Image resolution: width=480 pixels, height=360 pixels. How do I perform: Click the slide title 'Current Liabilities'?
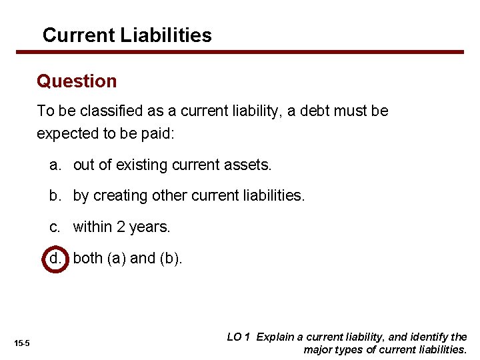tap(127, 35)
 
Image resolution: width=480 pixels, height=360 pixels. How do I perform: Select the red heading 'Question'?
tap(77, 81)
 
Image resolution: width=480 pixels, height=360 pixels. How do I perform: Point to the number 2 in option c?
tap(121, 227)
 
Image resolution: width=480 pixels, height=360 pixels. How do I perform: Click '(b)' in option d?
tap(171, 258)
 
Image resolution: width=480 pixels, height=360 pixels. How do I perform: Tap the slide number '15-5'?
tap(22, 343)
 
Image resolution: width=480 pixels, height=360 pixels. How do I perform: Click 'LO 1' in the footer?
tap(238, 337)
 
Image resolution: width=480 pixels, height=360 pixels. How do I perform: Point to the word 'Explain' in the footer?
tap(275, 337)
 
